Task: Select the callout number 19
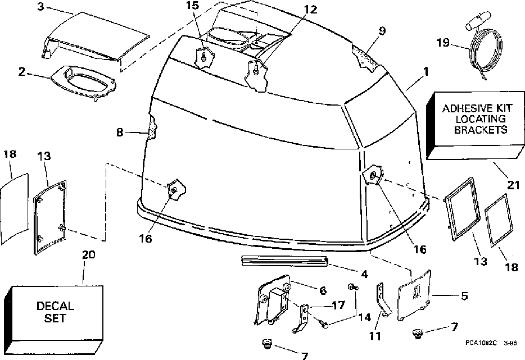point(444,42)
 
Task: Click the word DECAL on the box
point(55,307)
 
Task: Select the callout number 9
point(382,31)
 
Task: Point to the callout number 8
point(120,133)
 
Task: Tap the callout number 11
point(374,336)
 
